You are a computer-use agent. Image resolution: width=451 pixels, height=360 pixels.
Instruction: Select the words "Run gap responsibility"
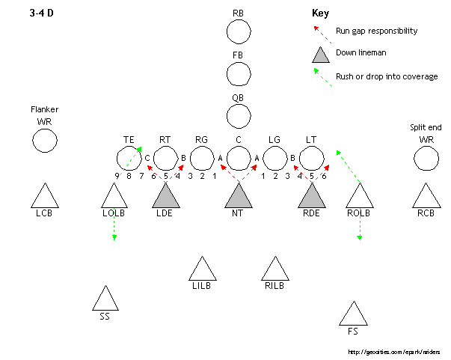[376, 31]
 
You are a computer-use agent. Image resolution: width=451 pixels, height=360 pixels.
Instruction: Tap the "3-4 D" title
[41, 13]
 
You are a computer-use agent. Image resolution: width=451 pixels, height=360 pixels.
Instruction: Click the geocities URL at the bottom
[393, 352]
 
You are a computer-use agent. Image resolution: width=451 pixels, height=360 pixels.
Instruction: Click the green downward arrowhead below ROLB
[360, 237]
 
